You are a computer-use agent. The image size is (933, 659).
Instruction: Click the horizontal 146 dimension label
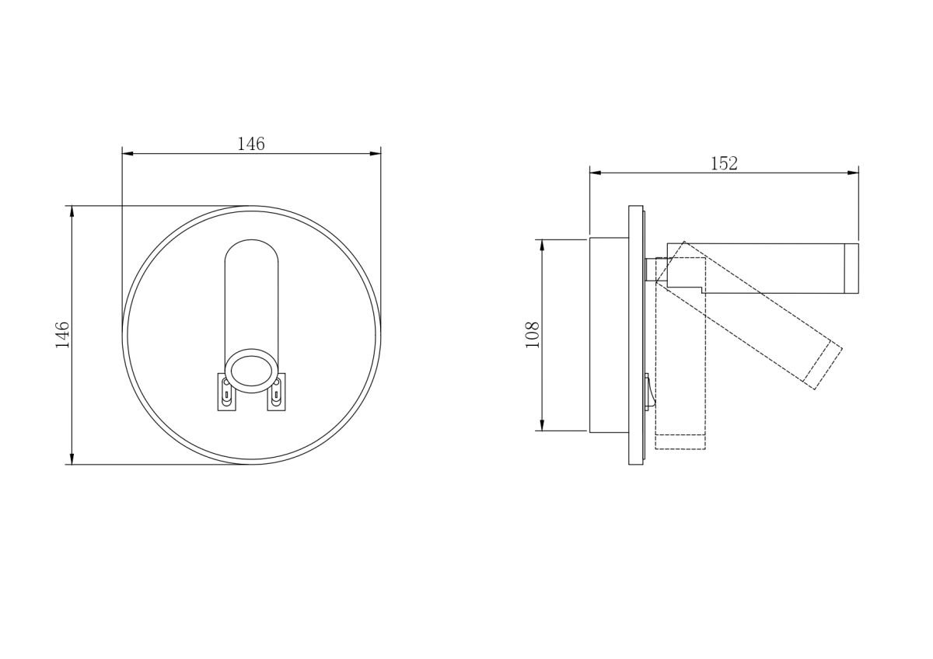[x=250, y=144]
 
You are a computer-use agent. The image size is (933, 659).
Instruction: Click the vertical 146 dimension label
[x=62, y=334]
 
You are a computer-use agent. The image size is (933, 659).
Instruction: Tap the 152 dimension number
[x=724, y=164]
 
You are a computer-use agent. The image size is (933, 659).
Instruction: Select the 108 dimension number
[x=533, y=335]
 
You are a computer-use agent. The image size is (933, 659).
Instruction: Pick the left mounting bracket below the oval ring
[x=226, y=392]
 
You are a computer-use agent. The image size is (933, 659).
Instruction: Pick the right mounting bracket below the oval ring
[x=277, y=392]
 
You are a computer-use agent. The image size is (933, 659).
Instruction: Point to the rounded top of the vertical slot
[x=252, y=240]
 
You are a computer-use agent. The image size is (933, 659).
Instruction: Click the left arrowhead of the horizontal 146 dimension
[x=128, y=154]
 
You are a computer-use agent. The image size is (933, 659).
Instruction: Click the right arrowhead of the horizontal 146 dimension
[x=376, y=154]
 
